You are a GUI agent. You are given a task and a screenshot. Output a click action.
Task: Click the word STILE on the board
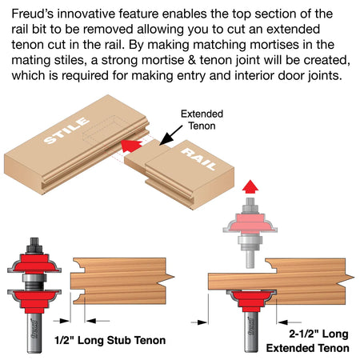click(x=66, y=130)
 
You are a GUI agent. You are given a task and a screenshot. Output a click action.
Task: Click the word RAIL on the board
click(x=199, y=159)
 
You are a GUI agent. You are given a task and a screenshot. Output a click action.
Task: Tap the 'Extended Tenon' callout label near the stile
click(x=202, y=120)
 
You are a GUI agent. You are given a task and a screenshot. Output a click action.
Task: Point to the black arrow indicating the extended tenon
click(x=171, y=135)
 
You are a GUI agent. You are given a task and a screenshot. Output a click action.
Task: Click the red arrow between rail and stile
click(x=131, y=146)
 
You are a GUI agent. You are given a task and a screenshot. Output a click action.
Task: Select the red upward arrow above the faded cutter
click(x=250, y=186)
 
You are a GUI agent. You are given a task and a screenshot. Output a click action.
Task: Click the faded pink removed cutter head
click(x=250, y=222)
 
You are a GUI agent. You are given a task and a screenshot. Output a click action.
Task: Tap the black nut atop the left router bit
click(x=34, y=246)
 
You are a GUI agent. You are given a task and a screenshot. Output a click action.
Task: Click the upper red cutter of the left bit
click(x=34, y=263)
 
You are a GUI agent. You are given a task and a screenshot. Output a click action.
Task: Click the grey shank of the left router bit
click(x=34, y=333)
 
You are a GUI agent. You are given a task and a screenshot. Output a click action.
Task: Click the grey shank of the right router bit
click(x=251, y=332)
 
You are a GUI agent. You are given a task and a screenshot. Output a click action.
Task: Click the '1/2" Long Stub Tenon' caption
click(x=110, y=341)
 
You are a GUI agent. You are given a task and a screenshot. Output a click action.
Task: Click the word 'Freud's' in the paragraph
click(x=33, y=14)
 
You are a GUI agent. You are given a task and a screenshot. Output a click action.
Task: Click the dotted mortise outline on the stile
click(x=102, y=130)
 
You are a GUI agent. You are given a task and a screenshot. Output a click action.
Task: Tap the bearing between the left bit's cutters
click(x=34, y=282)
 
